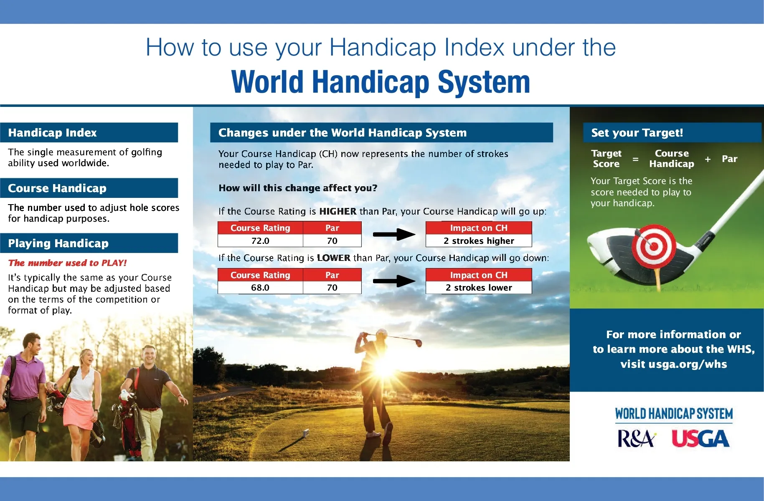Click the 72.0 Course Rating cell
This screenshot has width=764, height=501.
260,241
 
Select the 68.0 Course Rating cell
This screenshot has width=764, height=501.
260,288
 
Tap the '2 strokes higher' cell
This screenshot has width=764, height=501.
479,241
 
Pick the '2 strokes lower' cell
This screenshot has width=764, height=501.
479,288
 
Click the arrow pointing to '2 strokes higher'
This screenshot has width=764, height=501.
394,234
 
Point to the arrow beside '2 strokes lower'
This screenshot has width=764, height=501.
394,281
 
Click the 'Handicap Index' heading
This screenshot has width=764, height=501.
52,133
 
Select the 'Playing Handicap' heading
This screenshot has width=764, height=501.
58,243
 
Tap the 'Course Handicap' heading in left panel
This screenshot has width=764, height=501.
57,188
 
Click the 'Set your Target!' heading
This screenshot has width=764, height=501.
637,133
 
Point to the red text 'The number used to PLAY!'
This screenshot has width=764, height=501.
67,263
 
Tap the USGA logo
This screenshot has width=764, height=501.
701,439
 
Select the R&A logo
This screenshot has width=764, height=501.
636,439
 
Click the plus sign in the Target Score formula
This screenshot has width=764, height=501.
708,159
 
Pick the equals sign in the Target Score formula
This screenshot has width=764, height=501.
635,159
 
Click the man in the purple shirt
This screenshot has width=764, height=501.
25,376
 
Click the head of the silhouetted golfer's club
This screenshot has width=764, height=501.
418,343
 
